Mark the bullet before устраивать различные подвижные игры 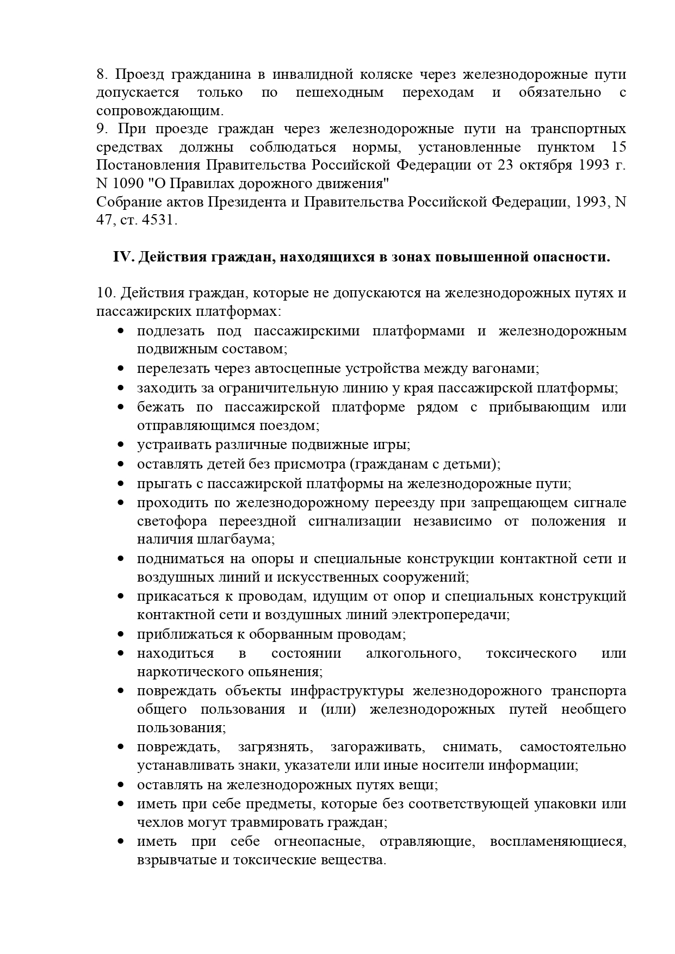(x=121, y=445)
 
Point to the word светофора (x=172, y=521)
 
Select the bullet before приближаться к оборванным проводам (x=121, y=634)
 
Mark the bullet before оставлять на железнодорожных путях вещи (x=121, y=785)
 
